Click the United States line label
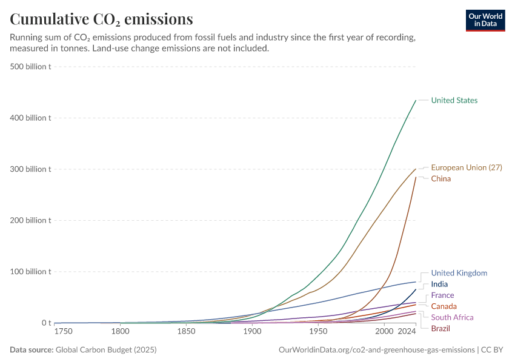click(454, 100)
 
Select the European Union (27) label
click(466, 167)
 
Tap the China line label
click(440, 178)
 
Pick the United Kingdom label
click(459, 273)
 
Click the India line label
click(439, 284)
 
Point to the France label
click(442, 295)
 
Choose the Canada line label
click(444, 306)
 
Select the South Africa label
click(452, 317)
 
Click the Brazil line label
click(440, 328)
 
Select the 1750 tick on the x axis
click(63, 332)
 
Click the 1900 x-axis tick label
click(252, 332)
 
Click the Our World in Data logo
click(485, 20)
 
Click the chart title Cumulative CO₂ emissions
click(101, 19)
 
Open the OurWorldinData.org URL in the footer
click(376, 350)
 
